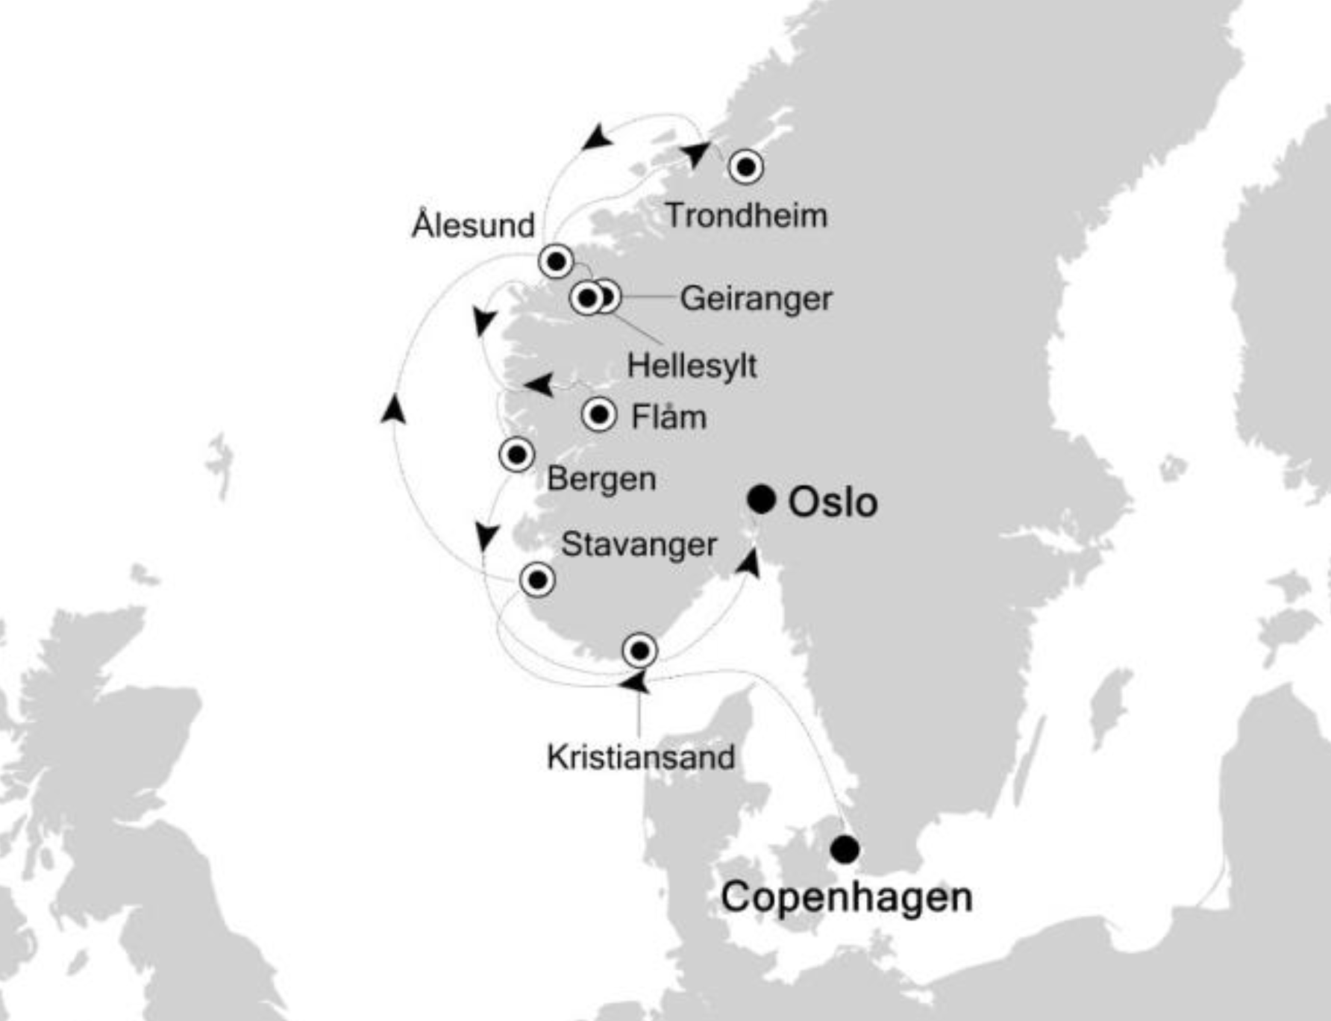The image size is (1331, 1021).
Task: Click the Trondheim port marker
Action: coord(746,166)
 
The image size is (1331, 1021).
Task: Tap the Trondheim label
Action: coord(746,216)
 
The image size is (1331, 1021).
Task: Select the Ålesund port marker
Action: coord(556,261)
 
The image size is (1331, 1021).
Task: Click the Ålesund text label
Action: coord(474,225)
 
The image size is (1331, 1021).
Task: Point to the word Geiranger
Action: coord(756,299)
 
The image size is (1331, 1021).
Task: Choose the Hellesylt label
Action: coord(692,366)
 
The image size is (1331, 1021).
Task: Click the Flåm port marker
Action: coord(599,414)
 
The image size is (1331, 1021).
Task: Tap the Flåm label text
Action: coord(668,416)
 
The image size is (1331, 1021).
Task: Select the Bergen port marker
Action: coord(516,454)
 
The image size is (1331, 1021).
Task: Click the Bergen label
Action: coord(601,478)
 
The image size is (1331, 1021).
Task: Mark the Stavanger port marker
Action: coord(537,579)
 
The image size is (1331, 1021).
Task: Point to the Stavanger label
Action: coord(639,544)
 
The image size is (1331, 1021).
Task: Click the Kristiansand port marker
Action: coord(639,651)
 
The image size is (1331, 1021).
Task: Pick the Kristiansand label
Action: coord(641,758)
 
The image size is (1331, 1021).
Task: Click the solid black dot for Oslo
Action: coord(762,499)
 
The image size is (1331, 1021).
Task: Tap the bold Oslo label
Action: coord(833,502)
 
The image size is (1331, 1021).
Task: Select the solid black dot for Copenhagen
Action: coord(845,849)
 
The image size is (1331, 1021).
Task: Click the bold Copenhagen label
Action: coord(846,896)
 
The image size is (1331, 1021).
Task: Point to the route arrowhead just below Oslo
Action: coord(748,563)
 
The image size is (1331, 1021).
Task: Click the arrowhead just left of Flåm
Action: coord(539,385)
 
